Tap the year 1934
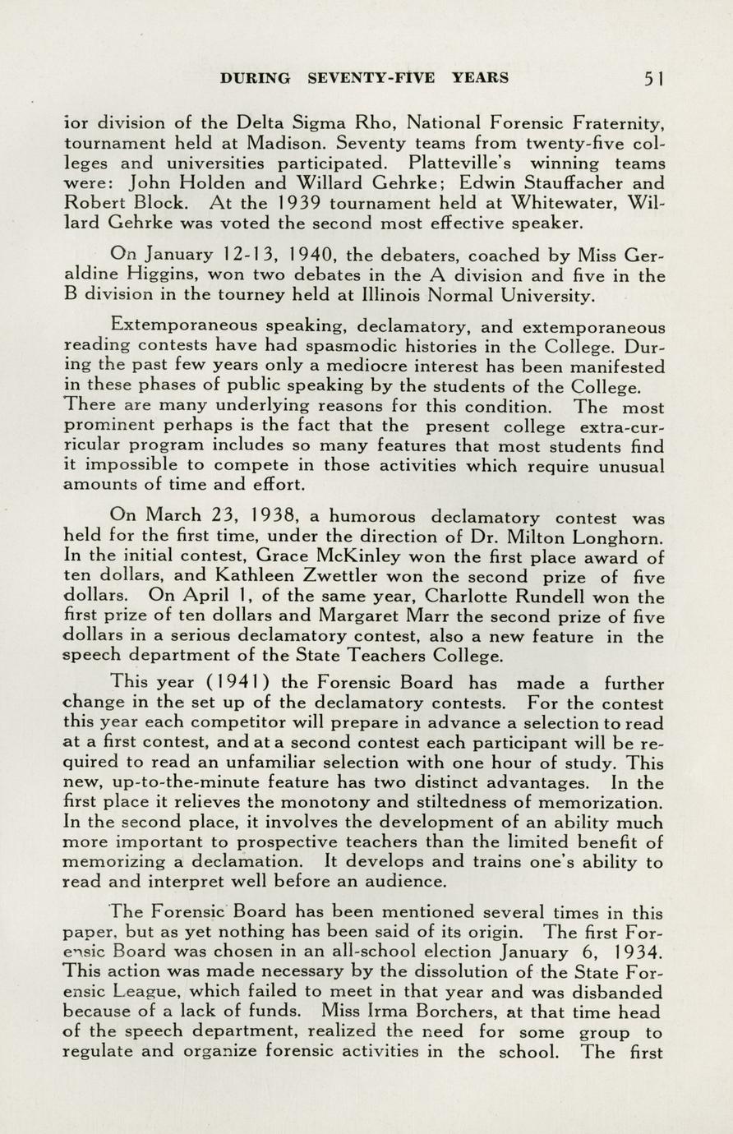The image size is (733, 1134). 634,952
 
